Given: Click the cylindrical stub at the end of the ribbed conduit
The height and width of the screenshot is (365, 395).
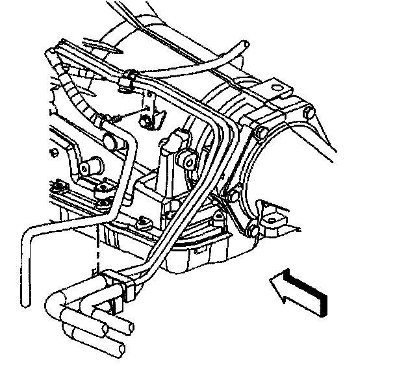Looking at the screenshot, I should click(x=113, y=142).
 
